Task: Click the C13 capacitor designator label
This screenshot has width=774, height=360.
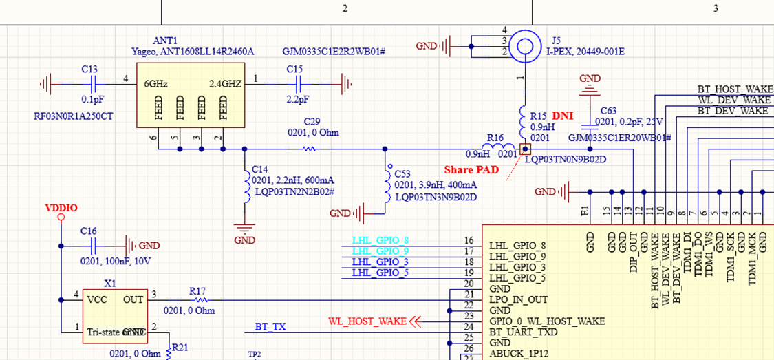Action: (89, 70)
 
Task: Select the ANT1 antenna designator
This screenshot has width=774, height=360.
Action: (146, 41)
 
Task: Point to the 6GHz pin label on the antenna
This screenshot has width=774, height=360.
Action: (157, 83)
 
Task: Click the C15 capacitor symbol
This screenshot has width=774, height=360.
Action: (298, 84)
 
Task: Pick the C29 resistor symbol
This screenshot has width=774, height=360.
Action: (309, 149)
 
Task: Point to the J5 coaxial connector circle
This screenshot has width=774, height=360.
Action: (526, 45)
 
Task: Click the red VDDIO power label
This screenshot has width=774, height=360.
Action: (61, 207)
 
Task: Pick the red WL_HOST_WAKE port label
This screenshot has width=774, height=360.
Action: (367, 321)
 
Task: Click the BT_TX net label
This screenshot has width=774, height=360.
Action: (270, 327)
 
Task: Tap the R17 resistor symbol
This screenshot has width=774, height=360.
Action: (200, 299)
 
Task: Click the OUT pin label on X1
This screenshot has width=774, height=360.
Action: (133, 299)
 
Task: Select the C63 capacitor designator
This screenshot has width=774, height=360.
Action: (608, 110)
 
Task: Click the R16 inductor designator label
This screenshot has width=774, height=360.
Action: (495, 138)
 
